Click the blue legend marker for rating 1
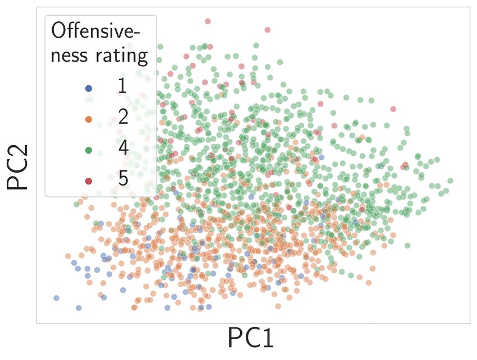[88, 88]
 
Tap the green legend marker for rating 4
[88, 150]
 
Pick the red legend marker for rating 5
[88, 181]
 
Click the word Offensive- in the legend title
[100, 31]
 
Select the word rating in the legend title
[121, 56]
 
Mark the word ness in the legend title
[70, 56]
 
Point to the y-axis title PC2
[18, 167]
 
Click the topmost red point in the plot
[208, 21]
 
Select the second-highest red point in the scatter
[267, 30]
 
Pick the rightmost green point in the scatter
[450, 181]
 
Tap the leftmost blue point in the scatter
[56, 298]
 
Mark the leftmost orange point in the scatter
[68, 256]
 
